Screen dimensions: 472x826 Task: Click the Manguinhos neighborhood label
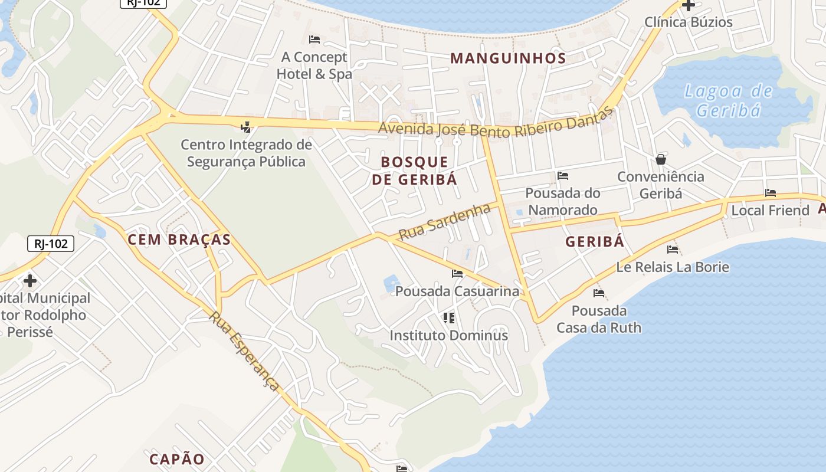pyautogui.click(x=508, y=58)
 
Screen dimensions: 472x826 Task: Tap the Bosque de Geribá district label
pyautogui.click(x=414, y=171)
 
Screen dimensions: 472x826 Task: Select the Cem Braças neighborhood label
pyautogui.click(x=179, y=240)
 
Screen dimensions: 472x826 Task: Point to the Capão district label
pyautogui.click(x=177, y=459)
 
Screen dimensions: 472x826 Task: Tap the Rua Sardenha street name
pyautogui.click(x=445, y=221)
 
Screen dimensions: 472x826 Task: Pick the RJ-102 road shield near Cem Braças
pyautogui.click(x=51, y=243)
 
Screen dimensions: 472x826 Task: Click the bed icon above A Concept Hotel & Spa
pyautogui.click(x=314, y=40)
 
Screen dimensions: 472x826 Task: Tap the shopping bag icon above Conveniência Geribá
pyautogui.click(x=661, y=159)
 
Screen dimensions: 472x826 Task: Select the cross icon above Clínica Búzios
pyautogui.click(x=688, y=5)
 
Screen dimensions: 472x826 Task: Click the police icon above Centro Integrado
pyautogui.click(x=246, y=127)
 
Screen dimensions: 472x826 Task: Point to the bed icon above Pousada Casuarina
pyautogui.click(x=457, y=274)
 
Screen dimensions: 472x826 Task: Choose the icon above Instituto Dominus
pyautogui.click(x=449, y=318)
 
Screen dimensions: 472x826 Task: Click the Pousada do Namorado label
pyautogui.click(x=562, y=201)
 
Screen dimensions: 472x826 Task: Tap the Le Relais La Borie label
pyautogui.click(x=673, y=267)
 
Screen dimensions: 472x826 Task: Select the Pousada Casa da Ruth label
pyautogui.click(x=599, y=319)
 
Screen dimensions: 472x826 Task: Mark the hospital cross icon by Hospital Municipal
pyautogui.click(x=29, y=281)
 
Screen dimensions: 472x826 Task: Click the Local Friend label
pyautogui.click(x=770, y=211)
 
